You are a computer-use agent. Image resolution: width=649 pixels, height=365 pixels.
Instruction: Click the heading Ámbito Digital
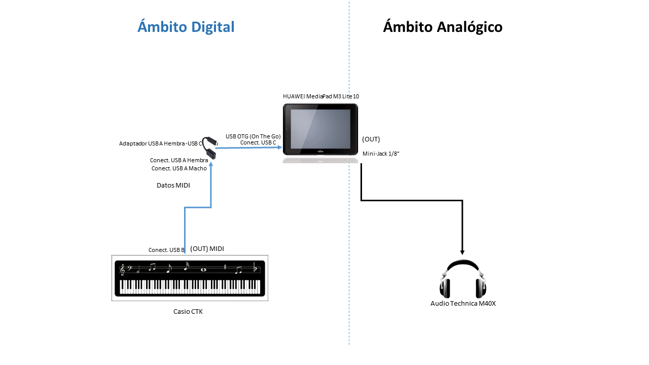point(186,27)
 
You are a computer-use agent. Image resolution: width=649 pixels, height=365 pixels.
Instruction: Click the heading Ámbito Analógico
point(442,27)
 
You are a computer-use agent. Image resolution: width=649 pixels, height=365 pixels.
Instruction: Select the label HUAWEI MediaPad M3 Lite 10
point(321,96)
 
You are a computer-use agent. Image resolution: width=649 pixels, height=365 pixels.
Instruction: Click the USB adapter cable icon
point(209,148)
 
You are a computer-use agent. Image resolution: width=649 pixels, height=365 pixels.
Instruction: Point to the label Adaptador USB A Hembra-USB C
point(160,143)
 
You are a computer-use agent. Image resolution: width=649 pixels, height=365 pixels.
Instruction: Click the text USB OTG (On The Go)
point(253,136)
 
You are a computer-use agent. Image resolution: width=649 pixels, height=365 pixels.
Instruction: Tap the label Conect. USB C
point(258,143)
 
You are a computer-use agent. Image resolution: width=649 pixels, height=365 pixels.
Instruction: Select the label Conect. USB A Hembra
point(179,160)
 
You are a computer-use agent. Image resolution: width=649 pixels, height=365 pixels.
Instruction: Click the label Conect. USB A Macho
point(179,168)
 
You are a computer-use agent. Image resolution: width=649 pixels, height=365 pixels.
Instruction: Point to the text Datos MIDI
point(173,186)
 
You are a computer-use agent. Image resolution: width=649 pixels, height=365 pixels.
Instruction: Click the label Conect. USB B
point(166,250)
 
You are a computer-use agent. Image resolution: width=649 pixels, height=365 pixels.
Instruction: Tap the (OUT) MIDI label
point(207,248)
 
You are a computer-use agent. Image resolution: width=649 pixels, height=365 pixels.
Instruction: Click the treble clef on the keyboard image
point(122,270)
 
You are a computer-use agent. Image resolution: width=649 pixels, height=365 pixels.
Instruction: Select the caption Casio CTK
point(188,312)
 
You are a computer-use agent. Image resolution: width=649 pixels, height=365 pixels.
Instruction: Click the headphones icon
point(463,280)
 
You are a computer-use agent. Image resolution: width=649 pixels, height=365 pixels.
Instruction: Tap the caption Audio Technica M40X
point(463,304)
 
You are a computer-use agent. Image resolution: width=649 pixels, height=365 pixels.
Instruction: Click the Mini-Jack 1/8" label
point(381,154)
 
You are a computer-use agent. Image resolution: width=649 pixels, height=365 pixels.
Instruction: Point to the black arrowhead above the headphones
point(462,251)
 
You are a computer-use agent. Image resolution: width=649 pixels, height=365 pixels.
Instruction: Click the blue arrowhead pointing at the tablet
point(279,148)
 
